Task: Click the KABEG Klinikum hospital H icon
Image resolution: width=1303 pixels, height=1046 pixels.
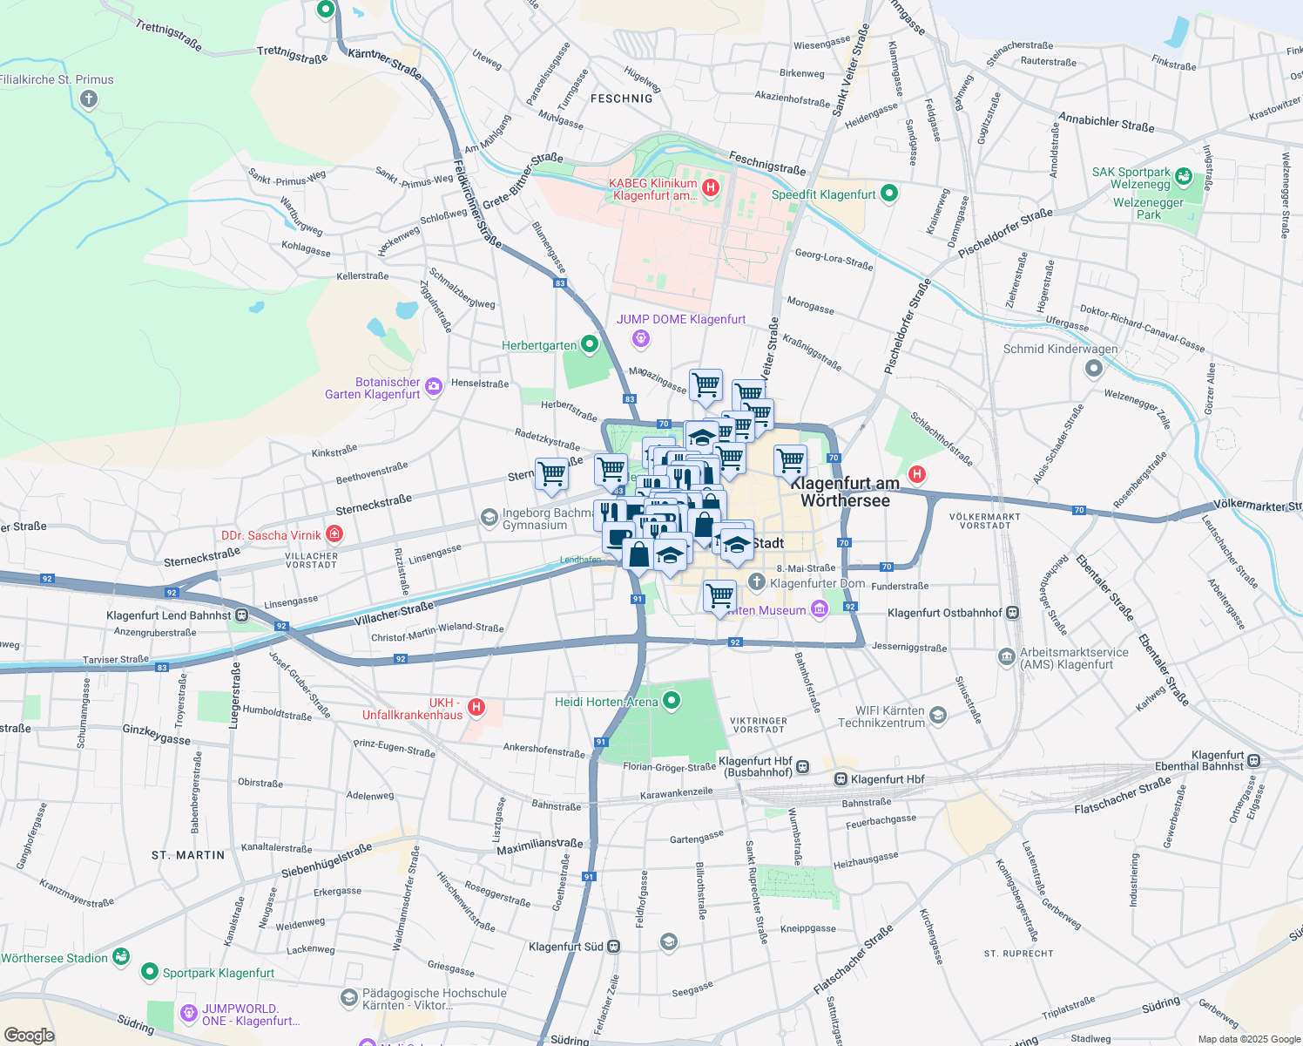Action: click(711, 187)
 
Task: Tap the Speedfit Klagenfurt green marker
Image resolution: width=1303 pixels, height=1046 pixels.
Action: click(888, 194)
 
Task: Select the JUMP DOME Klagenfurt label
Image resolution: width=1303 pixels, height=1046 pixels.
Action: click(681, 319)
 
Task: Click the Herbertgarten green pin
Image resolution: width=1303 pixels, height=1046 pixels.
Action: click(590, 344)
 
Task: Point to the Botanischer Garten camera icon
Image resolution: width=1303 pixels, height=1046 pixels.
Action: click(434, 385)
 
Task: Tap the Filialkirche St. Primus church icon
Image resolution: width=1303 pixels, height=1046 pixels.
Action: click(88, 99)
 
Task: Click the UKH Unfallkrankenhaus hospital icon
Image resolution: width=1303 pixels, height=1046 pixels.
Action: click(476, 707)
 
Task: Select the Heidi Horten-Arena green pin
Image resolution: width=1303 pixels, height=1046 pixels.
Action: click(671, 700)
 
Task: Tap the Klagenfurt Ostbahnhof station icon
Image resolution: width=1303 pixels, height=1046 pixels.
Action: click(1012, 613)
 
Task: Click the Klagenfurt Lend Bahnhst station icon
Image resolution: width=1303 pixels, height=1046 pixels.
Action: click(241, 615)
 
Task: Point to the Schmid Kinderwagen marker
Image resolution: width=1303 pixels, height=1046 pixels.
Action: click(1094, 368)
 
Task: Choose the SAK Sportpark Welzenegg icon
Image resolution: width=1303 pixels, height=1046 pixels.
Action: click(1184, 177)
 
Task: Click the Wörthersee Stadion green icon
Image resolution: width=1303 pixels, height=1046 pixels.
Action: click(120, 957)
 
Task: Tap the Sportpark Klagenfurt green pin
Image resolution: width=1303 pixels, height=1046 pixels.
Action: click(150, 971)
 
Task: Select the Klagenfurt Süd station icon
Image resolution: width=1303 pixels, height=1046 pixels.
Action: click(614, 946)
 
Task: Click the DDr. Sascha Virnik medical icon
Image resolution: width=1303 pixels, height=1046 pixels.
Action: click(334, 533)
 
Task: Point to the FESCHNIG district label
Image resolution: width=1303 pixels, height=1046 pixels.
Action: click(621, 98)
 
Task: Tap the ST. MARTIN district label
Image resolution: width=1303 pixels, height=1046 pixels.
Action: click(188, 855)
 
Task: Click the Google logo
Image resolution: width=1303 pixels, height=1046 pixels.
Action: click(29, 1036)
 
